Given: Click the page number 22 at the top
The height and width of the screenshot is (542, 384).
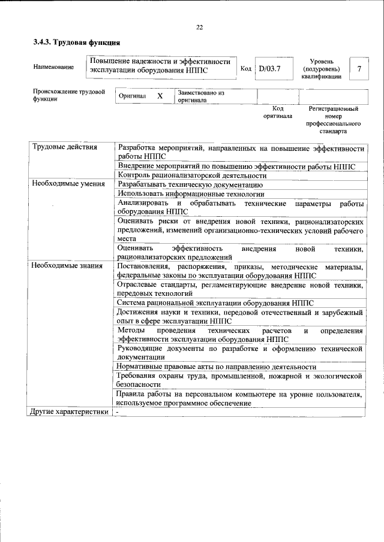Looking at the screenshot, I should point(200,26).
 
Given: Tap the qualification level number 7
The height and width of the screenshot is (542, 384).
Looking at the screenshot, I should point(359,69).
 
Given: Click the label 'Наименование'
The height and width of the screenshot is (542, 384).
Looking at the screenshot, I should point(54,67).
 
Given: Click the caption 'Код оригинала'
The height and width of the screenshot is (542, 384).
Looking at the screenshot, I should point(277,112).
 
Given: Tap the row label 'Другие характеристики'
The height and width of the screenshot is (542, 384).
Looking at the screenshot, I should point(70,412).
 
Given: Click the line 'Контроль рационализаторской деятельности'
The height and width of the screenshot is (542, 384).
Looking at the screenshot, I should point(192,175).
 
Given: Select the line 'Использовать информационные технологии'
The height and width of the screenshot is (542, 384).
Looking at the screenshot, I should point(191,194).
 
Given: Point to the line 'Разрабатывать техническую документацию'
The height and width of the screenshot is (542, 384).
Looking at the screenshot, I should point(190,184).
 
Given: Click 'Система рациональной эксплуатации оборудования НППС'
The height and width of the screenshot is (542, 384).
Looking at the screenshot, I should point(215,304).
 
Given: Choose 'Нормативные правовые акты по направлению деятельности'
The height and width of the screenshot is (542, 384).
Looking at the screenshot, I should point(217,367).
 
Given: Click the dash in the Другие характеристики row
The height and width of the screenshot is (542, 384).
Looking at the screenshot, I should point(118,412).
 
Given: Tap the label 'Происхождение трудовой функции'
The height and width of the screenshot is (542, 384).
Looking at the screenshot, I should point(69,96).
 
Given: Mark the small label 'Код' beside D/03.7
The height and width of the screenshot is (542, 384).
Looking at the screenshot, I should point(245,68).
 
